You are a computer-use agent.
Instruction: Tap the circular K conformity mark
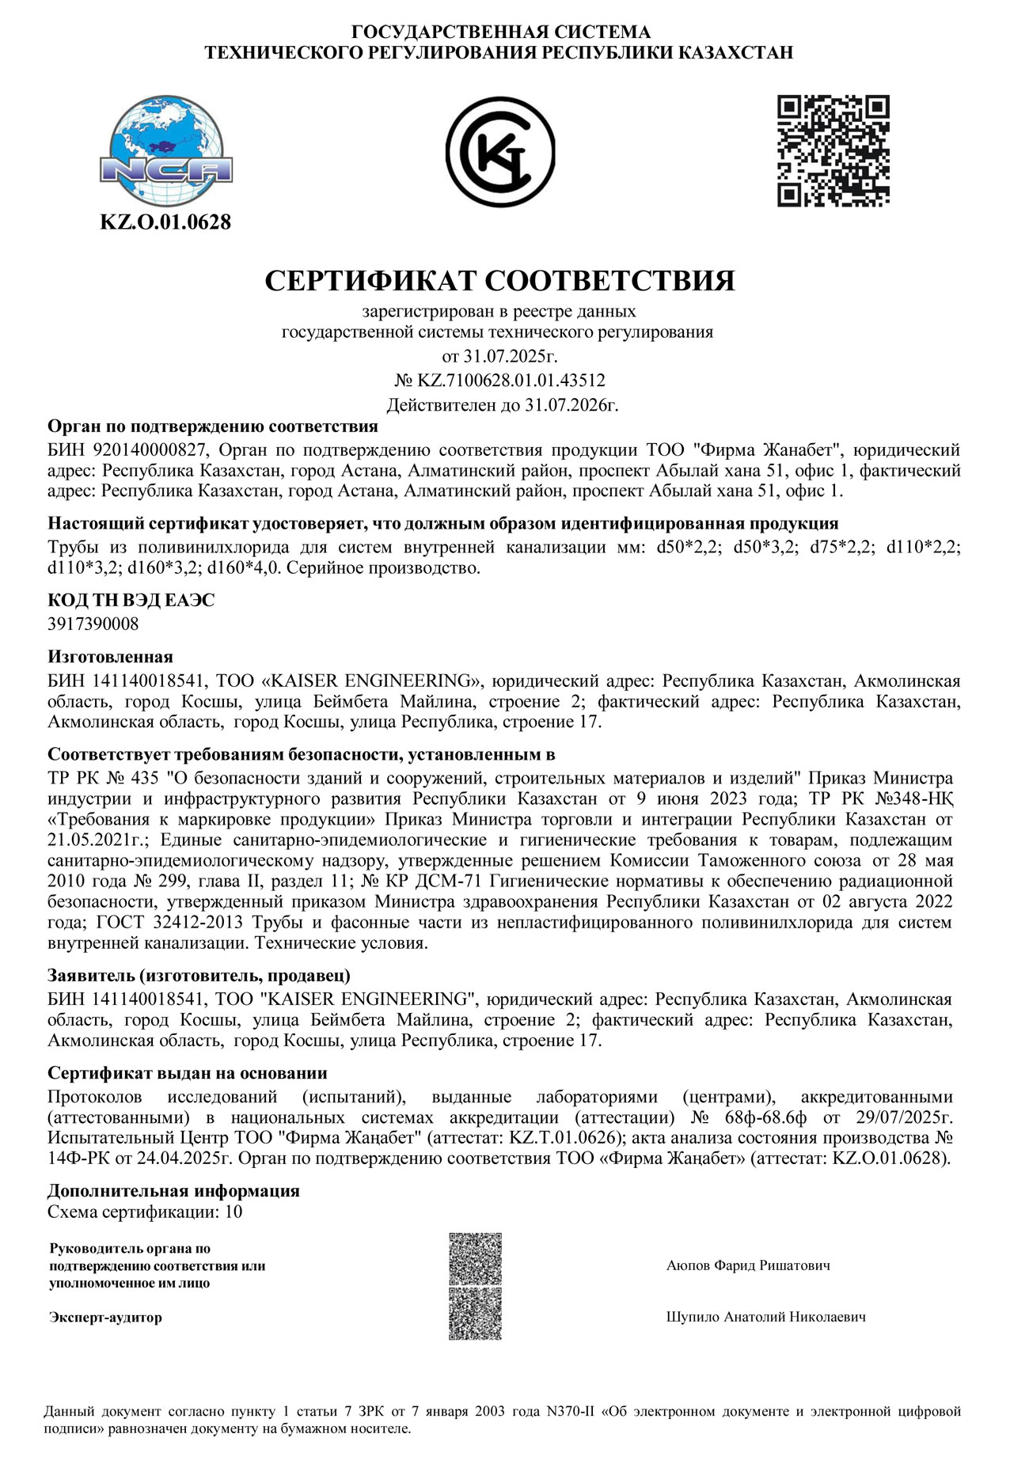(499, 152)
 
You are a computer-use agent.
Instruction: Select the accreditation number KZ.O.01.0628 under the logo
(165, 222)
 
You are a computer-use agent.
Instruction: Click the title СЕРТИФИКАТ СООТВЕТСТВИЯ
(499, 280)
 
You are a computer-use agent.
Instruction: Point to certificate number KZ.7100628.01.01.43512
(511, 380)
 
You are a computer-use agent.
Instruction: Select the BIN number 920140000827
(150, 450)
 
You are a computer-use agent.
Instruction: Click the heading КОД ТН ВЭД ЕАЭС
(131, 601)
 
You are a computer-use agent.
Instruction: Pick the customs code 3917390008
(93, 624)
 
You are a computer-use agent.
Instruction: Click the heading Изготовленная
(110, 657)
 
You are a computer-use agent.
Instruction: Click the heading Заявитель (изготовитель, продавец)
(199, 975)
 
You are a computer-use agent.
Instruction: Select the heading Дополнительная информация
(173, 1191)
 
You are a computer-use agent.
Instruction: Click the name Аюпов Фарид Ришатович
(748, 1265)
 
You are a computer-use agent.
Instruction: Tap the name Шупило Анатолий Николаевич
(765, 1317)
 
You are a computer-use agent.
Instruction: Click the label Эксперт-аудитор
(105, 1318)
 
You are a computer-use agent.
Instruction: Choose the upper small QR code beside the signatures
(475, 1259)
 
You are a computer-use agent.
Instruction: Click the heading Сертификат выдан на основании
(188, 1073)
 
